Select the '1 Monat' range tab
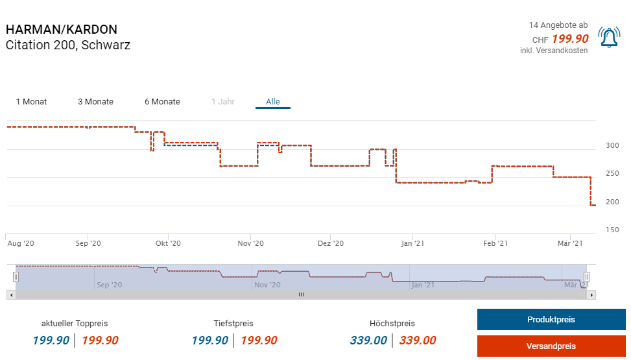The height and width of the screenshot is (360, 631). pyautogui.click(x=31, y=102)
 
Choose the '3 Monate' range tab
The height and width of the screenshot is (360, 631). pyautogui.click(x=95, y=102)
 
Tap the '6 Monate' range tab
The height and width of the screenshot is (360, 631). pyautogui.click(x=162, y=102)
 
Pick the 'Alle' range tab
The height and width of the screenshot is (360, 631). pyautogui.click(x=273, y=102)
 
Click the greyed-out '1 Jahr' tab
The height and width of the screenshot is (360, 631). pyautogui.click(x=223, y=102)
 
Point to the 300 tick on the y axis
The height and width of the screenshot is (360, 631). pyautogui.click(x=612, y=145)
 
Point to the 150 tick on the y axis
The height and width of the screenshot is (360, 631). pyautogui.click(x=612, y=230)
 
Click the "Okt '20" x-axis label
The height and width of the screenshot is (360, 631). pyautogui.click(x=167, y=244)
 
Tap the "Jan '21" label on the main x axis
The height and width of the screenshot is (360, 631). pyautogui.click(x=413, y=244)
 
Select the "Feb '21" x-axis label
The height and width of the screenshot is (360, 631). pyautogui.click(x=495, y=244)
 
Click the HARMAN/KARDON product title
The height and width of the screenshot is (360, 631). pyautogui.click(x=62, y=30)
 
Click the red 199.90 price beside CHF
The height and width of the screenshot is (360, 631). pyautogui.click(x=570, y=39)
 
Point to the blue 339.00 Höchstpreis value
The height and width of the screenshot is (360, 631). pyautogui.click(x=368, y=341)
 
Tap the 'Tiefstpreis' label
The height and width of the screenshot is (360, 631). pyautogui.click(x=233, y=323)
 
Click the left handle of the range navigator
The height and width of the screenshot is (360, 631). pyautogui.click(x=16, y=277)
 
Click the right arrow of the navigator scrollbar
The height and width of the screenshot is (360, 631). pyautogui.click(x=591, y=294)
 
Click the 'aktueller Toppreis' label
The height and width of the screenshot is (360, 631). pyautogui.click(x=75, y=323)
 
